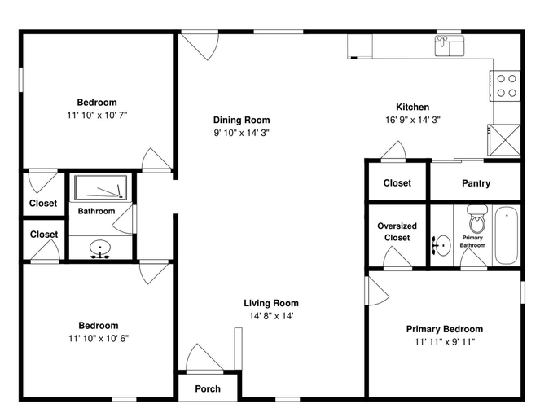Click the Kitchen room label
413,107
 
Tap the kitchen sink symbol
450,46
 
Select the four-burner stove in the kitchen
505,86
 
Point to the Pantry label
476,183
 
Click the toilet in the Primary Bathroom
477,218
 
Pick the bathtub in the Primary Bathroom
507,235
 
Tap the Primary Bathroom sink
441,245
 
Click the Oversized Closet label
397,232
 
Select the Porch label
208,388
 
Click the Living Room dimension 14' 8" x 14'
271,316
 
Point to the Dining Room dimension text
241,133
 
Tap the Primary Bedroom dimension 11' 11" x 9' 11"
445,342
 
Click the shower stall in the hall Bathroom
100,187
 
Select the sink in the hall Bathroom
100,248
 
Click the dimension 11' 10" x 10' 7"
97,116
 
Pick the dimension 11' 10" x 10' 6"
99,339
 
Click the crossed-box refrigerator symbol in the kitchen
504,140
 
